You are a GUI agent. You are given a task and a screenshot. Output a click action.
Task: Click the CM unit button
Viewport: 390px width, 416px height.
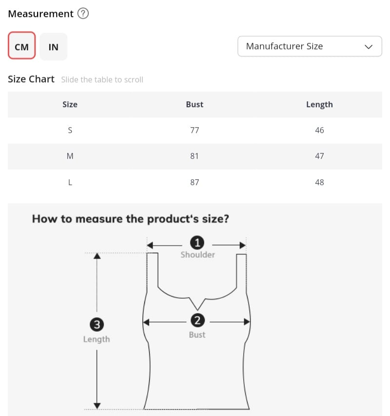pos(21,45)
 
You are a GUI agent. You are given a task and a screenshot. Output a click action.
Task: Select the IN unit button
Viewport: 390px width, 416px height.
pos(53,47)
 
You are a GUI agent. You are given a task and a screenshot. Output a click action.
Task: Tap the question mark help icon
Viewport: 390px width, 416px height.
pos(83,13)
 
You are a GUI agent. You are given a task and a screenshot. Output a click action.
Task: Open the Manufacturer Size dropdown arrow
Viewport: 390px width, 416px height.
pos(369,47)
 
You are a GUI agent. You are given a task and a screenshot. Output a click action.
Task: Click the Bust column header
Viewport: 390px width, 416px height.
pos(195,104)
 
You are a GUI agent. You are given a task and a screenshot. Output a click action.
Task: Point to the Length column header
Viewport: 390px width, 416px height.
pos(319,105)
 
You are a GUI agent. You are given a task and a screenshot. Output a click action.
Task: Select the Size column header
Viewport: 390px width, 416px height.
pos(70,104)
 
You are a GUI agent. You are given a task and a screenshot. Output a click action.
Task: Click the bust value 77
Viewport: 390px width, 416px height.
pos(195,130)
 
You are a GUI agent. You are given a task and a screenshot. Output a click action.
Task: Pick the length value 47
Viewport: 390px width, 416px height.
pos(319,156)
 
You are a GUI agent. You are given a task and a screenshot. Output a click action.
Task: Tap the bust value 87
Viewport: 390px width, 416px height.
pos(195,182)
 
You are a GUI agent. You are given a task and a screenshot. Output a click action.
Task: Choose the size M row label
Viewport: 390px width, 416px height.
pos(70,156)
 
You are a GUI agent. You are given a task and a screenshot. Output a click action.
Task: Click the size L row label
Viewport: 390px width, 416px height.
pos(70,182)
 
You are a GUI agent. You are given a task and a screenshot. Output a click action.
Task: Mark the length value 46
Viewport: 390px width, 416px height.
pos(319,130)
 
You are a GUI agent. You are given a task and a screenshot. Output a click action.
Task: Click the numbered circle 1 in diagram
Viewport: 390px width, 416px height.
pos(197,243)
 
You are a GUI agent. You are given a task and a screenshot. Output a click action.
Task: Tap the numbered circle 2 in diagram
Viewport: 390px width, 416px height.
pos(197,321)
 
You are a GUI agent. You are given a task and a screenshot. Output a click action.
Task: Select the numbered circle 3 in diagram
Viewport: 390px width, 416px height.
pos(97,324)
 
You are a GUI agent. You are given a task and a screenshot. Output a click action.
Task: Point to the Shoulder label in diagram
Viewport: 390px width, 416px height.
pos(198,255)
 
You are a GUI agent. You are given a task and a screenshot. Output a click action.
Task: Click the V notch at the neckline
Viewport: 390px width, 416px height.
pos(197,310)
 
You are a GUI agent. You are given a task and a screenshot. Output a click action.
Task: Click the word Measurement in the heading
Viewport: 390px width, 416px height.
pos(40,14)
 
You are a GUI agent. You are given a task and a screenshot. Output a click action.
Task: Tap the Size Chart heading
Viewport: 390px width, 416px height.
pos(31,79)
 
